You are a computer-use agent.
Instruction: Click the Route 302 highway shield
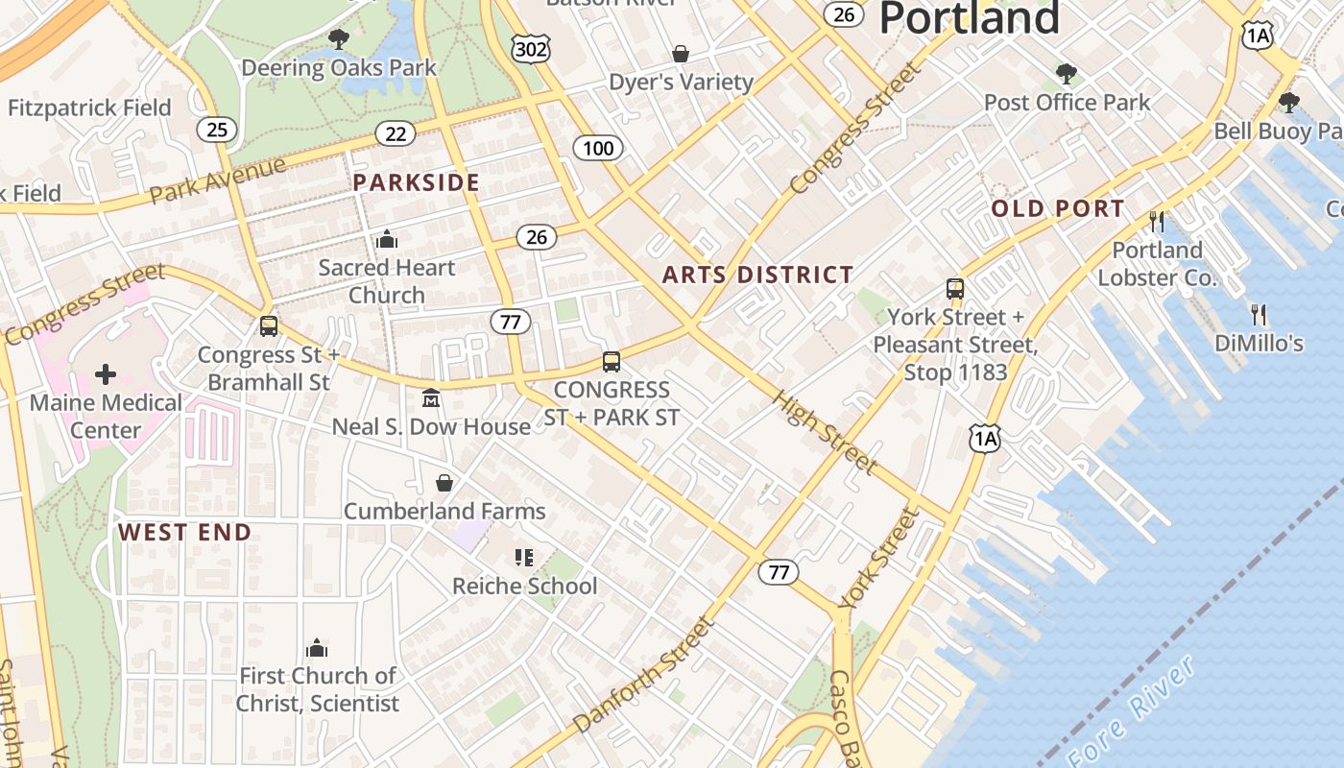531,49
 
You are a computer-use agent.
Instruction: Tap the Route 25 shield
217,129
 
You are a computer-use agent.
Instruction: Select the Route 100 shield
598,148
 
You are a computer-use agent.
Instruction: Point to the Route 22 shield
396,133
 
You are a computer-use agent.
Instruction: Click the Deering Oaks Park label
339,68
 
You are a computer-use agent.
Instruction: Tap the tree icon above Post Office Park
1066,74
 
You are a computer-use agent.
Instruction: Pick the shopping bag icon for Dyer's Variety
681,54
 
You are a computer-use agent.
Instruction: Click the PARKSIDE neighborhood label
416,182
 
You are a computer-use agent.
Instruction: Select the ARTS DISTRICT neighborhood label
757,275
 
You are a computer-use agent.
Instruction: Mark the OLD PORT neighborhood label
1058,208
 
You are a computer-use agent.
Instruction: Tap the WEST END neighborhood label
184,533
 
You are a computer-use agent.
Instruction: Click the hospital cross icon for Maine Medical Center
106,373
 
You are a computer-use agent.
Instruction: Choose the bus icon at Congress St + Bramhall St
269,326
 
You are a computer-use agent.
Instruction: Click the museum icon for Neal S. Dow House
431,397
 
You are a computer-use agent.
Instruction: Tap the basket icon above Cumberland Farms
444,482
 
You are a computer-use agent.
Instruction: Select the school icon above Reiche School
524,557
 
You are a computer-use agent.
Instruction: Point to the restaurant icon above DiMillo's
1258,314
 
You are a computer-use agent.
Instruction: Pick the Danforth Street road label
644,674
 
